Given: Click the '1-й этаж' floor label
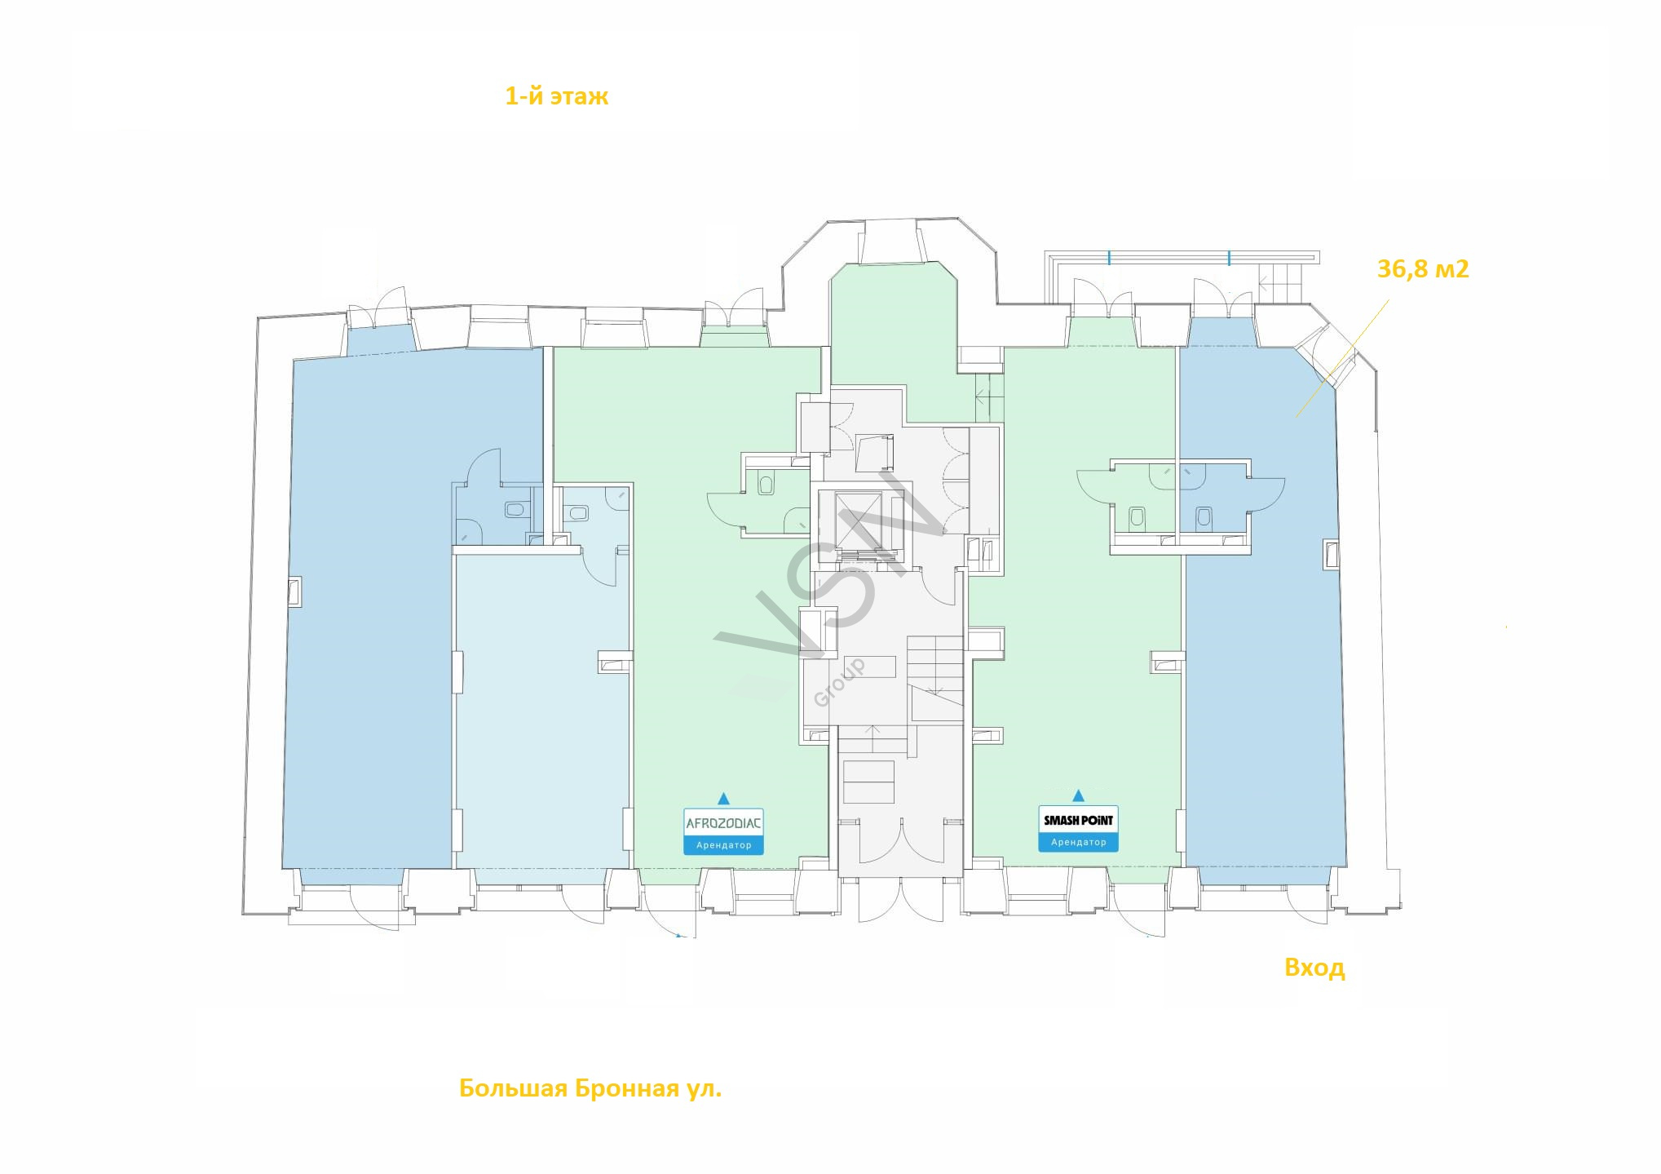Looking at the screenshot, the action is (x=557, y=97).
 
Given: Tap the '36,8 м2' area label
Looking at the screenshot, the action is (x=1423, y=269).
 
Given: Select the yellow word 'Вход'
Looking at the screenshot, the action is (x=1314, y=968).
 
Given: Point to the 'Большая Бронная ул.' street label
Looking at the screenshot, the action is (x=590, y=1088).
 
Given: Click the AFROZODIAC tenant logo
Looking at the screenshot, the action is (x=723, y=823).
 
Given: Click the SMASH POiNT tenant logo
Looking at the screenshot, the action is (x=1078, y=820).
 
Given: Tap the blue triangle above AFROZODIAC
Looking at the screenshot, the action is (x=723, y=798).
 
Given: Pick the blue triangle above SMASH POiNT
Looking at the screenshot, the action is (x=1078, y=795).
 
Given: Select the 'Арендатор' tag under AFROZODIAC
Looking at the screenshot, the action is (x=723, y=846).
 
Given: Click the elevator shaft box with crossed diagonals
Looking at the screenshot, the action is (x=858, y=522).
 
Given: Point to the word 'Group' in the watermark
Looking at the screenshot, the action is (x=840, y=681).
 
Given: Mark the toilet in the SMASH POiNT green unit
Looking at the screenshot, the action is (x=1137, y=517).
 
